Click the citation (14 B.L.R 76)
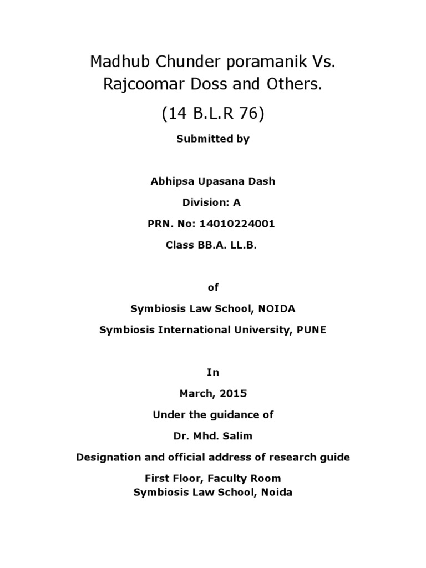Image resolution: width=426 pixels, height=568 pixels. (x=213, y=113)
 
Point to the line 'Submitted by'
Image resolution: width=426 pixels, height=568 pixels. (x=213, y=139)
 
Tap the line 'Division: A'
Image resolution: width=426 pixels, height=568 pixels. (x=213, y=203)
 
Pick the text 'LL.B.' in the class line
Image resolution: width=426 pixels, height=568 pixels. (x=245, y=245)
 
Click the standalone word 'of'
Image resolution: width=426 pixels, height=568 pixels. (x=213, y=287)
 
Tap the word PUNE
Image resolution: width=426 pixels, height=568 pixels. (x=311, y=329)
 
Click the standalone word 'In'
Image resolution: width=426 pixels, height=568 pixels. (x=213, y=372)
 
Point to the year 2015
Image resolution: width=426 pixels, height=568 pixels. (x=234, y=394)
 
